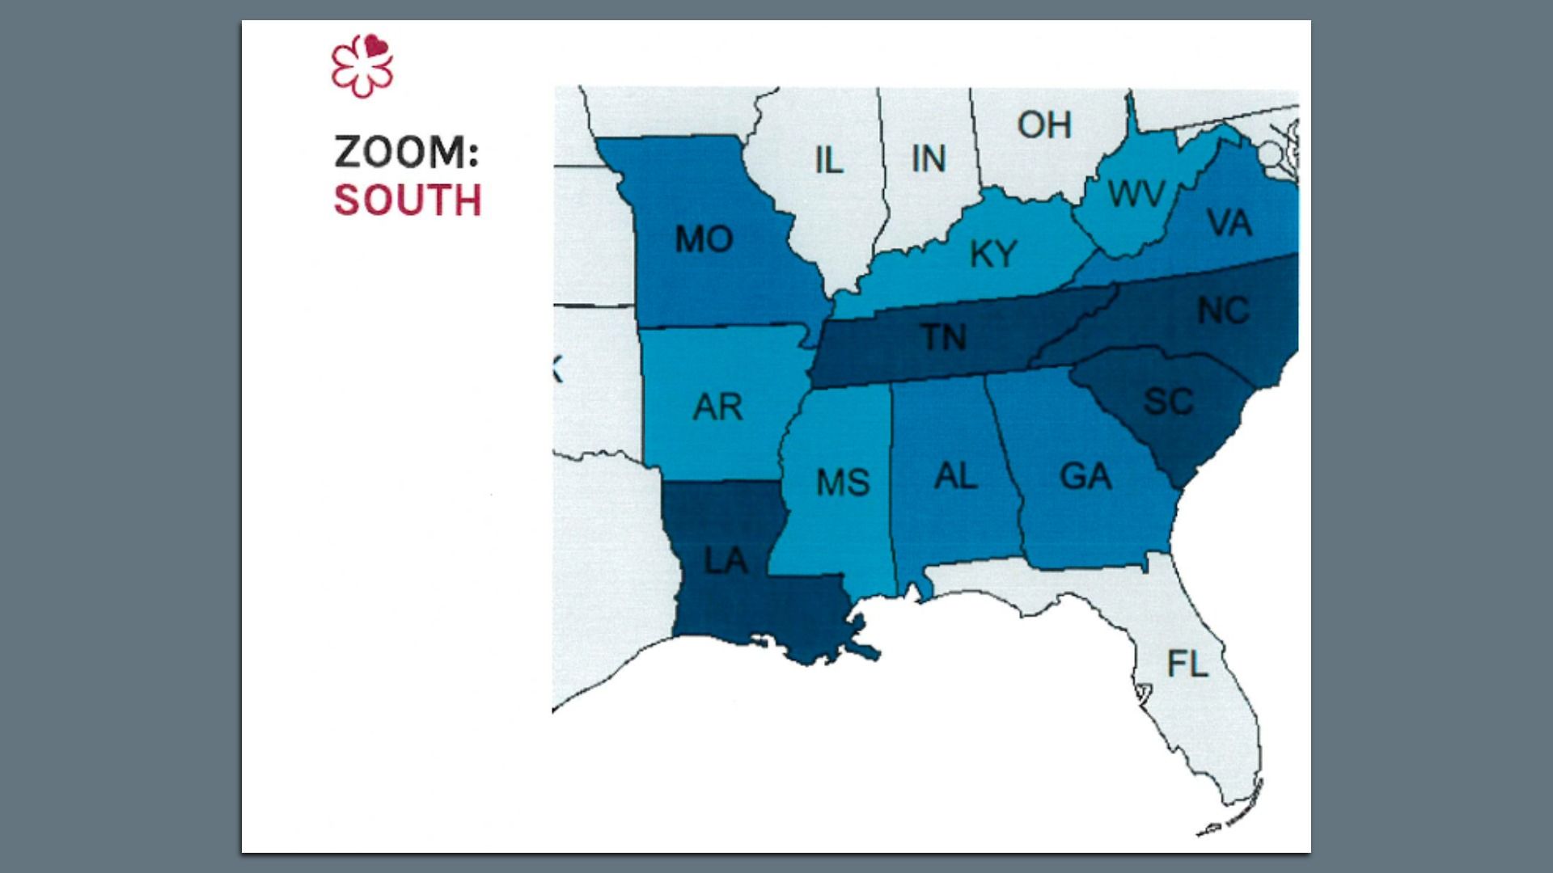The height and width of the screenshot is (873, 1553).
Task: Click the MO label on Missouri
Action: point(704,239)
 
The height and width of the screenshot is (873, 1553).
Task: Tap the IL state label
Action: point(828,160)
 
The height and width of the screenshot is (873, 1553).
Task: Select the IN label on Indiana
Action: point(928,158)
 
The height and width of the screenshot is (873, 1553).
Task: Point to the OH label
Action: point(1044,125)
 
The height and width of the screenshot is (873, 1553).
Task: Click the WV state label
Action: point(1136,194)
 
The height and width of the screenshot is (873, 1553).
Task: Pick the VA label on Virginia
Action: point(1229,223)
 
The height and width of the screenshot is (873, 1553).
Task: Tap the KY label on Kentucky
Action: point(992,254)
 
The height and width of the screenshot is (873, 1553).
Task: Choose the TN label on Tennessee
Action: point(944,337)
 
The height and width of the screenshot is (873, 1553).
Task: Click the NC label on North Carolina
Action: point(1223,310)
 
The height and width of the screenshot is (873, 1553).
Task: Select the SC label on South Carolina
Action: point(1168,402)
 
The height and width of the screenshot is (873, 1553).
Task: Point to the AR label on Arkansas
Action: point(717,407)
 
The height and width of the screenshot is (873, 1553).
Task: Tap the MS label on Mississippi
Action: point(842,483)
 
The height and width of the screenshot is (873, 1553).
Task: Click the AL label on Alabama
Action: point(955,476)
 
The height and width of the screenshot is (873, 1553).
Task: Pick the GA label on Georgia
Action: point(1085,477)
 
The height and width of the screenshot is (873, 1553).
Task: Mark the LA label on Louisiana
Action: point(725,561)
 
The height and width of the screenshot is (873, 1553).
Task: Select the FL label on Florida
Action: point(1187,664)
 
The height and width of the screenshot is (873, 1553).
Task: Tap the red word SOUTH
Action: point(408,200)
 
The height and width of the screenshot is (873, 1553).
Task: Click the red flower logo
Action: point(362,66)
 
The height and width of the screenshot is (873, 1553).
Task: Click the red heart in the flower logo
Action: point(374,47)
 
